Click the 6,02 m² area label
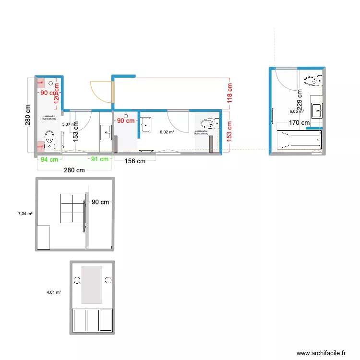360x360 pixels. coord(167,132)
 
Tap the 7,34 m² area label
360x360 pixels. coord(25,214)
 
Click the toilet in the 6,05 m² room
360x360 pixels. coord(312,81)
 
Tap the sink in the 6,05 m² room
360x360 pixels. coord(317,110)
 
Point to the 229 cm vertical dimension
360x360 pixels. coord(300,101)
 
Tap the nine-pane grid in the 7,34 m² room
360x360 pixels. coord(72,208)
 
